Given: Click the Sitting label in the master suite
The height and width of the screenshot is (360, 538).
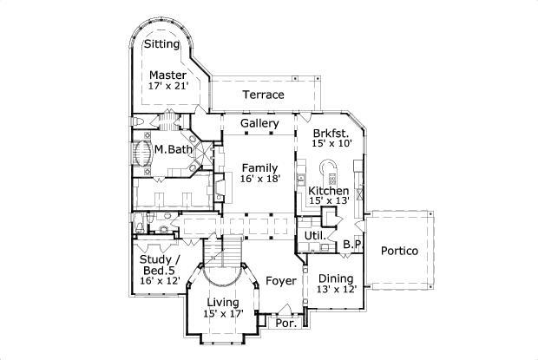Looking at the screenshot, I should coord(161,44).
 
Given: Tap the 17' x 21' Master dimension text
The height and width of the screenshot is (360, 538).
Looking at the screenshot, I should coord(169,87).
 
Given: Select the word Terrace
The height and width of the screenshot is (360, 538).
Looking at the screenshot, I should coord(263,95).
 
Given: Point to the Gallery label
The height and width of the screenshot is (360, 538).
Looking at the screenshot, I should coord(259,124).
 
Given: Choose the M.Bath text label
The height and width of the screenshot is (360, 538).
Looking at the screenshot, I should coord(174,150).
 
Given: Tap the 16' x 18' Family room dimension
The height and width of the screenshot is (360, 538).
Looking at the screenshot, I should coord(259,179).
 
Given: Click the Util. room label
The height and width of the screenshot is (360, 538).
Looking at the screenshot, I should coord(313,235).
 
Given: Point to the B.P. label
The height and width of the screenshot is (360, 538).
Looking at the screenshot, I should coord(351,245).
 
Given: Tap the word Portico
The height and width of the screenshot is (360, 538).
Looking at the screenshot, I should coord(399,251).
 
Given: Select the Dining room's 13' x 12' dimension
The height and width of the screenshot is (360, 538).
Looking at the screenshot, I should coord(335,290).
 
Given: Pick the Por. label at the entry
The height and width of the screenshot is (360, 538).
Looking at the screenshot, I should coord(285,323).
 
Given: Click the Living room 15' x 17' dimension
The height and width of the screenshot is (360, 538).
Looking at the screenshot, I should coord(223,313).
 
